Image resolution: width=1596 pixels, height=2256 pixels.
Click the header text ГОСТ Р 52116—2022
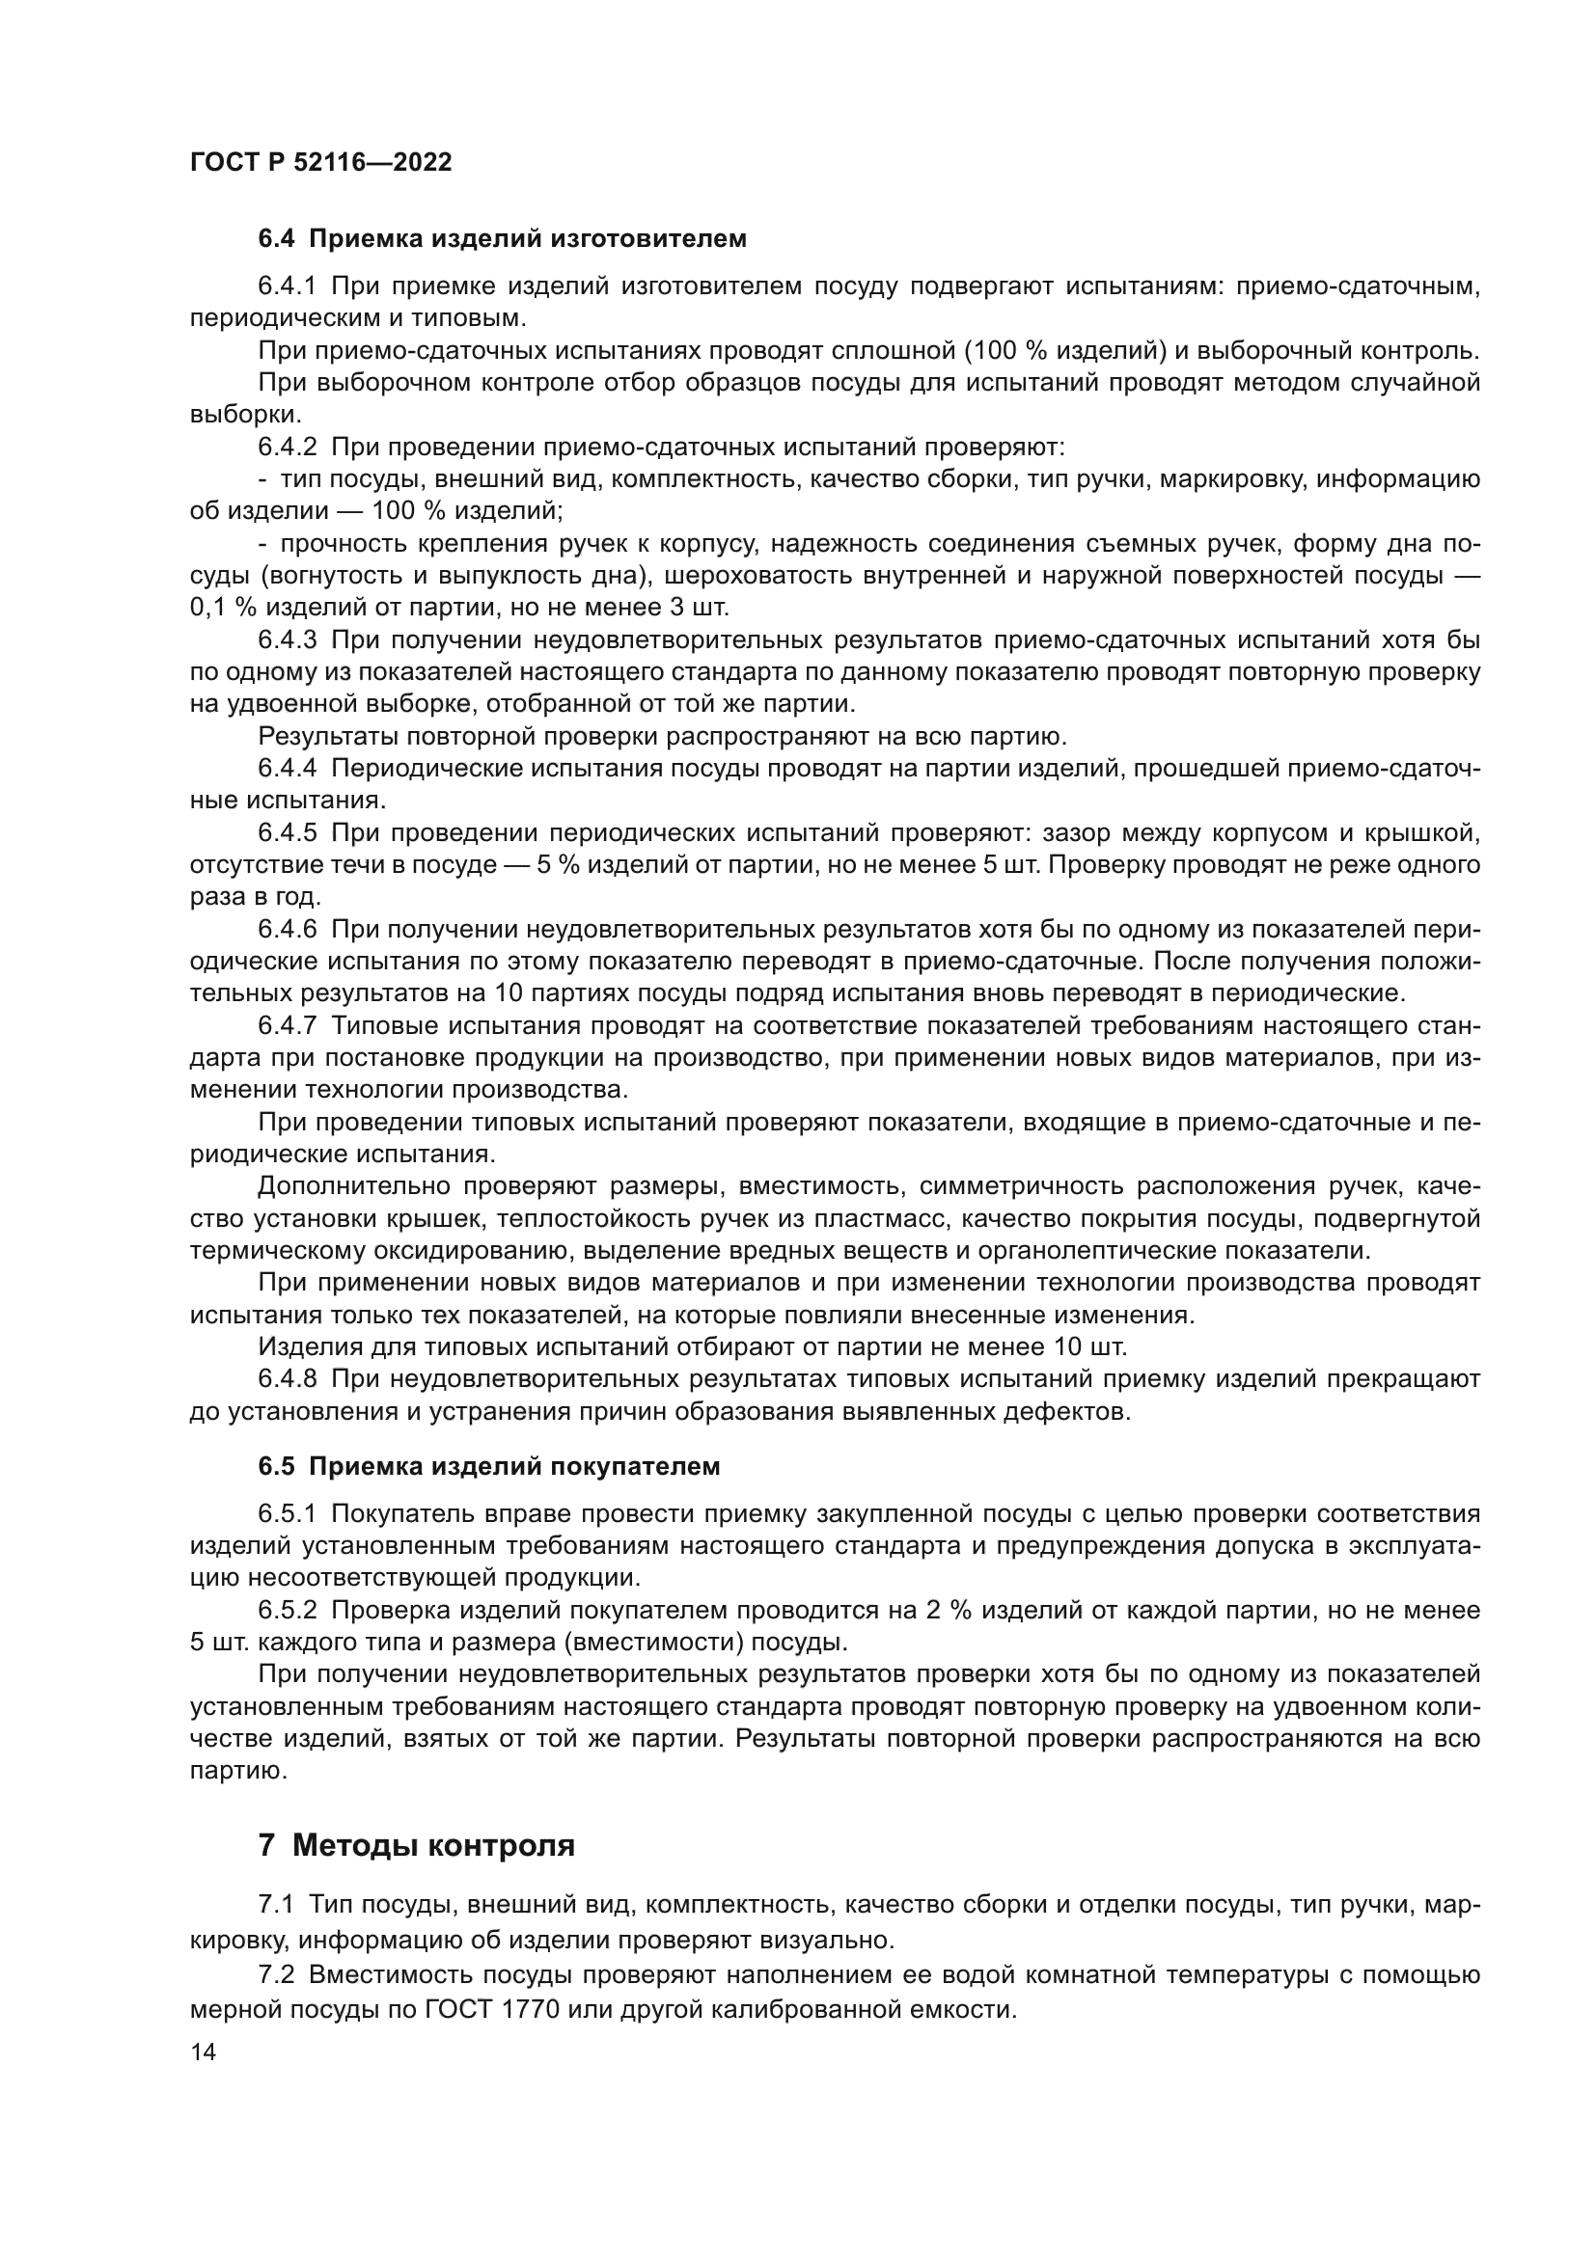pyautogui.click(x=320, y=163)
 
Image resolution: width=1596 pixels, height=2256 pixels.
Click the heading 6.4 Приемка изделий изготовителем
pyautogui.click(x=502, y=239)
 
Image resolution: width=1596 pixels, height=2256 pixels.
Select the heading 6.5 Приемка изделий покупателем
pyautogui.click(x=489, y=1466)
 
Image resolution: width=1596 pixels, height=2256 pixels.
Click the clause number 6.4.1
pyautogui.click(x=287, y=286)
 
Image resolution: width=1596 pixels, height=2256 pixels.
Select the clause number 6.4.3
pyautogui.click(x=287, y=640)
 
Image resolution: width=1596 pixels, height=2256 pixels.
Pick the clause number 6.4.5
pyautogui.click(x=287, y=833)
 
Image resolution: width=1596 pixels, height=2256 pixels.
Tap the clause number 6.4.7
pyautogui.click(x=287, y=1026)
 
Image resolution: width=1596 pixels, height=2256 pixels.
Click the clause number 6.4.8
pyautogui.click(x=287, y=1379)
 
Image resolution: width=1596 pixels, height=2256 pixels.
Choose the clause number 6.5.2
pyautogui.click(x=287, y=1610)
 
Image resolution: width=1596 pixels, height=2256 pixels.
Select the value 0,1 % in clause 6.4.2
pyautogui.click(x=223, y=608)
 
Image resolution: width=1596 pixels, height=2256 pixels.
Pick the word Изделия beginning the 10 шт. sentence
pyautogui.click(x=303, y=1346)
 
